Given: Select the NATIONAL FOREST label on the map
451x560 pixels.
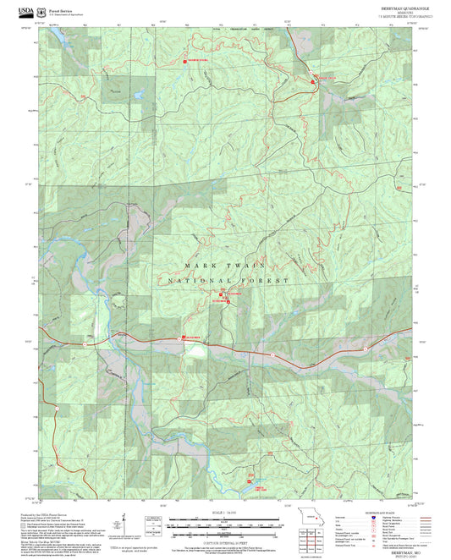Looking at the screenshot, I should point(228,280).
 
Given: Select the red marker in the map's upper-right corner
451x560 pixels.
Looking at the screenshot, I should point(319,78).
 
